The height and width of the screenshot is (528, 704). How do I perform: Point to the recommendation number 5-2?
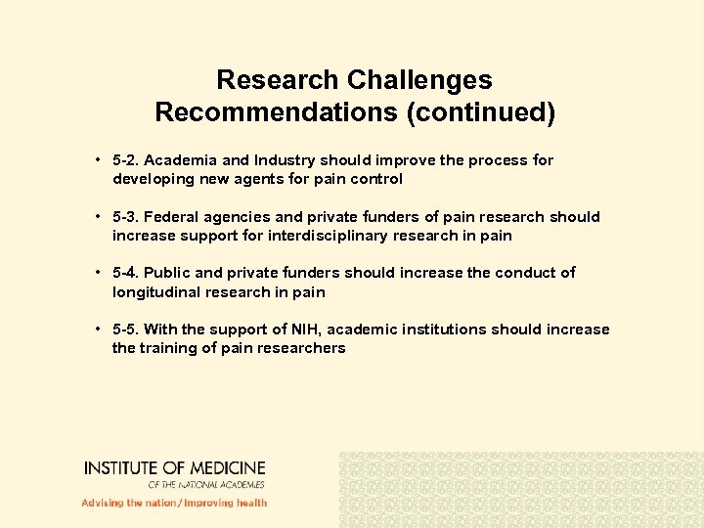[126, 160]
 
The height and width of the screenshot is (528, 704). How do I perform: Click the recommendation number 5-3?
[126, 217]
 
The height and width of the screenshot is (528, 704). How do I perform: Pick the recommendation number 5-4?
[126, 273]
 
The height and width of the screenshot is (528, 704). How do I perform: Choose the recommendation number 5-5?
[126, 330]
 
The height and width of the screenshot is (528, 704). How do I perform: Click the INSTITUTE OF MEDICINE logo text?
[174, 469]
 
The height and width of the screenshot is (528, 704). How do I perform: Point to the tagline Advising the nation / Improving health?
[174, 503]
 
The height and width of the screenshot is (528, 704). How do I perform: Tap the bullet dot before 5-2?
[100, 160]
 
